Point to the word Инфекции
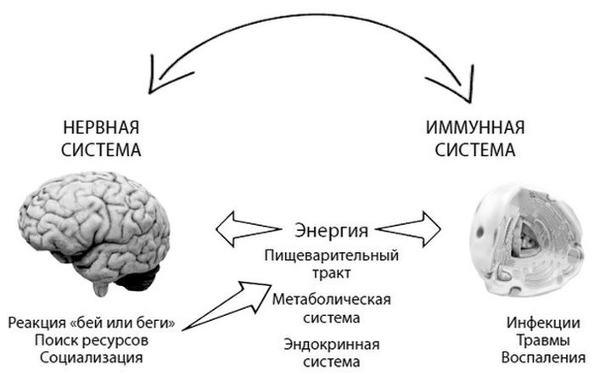click(544, 323)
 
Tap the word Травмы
click(544, 340)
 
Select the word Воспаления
click(544, 357)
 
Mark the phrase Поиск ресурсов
click(92, 340)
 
